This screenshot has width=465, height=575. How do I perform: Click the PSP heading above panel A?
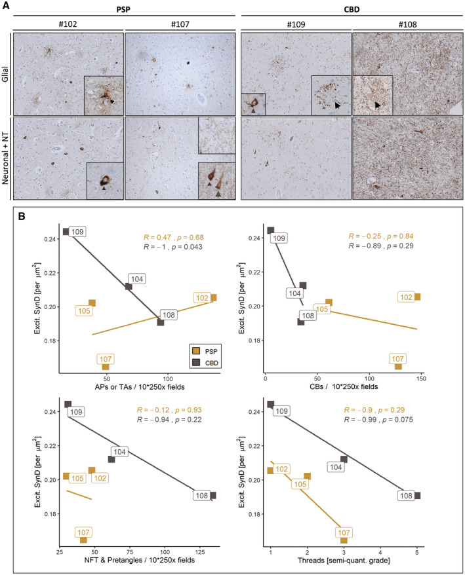click(123, 10)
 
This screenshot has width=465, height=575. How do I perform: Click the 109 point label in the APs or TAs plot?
click(77, 232)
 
